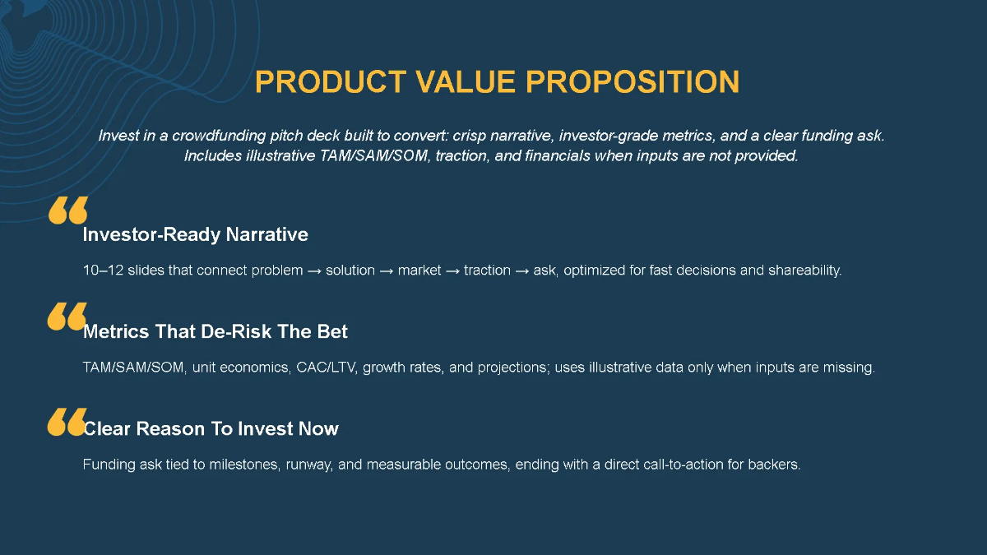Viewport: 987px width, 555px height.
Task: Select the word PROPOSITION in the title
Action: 633,82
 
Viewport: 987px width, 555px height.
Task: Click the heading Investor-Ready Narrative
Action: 195,235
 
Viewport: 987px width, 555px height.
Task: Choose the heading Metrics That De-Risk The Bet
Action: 215,332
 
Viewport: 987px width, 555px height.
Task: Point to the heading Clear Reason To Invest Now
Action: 211,429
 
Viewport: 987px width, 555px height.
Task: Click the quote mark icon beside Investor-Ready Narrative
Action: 67,210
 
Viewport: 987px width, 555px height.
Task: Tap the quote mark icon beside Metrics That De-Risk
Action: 67,317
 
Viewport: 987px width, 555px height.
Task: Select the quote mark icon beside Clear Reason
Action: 67,421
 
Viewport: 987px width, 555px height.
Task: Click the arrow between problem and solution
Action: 314,271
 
